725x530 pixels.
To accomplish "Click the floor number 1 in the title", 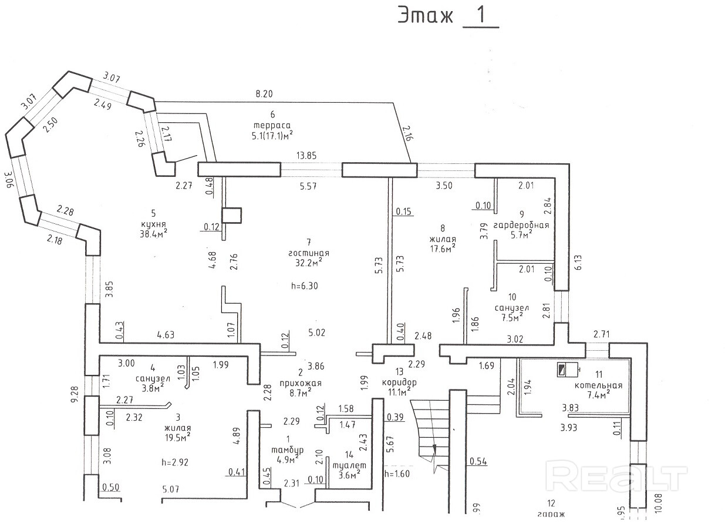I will coord(481,16).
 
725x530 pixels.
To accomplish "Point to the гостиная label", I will coord(309,253).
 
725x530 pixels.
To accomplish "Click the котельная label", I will coord(598,386).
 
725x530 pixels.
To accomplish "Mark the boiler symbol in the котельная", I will coord(563,370).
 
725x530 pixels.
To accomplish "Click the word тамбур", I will coord(287,450).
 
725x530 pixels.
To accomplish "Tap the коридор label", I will coord(402,382).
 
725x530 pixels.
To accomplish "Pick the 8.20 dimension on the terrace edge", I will coord(264,93).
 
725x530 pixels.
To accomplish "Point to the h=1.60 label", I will coord(397,473).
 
